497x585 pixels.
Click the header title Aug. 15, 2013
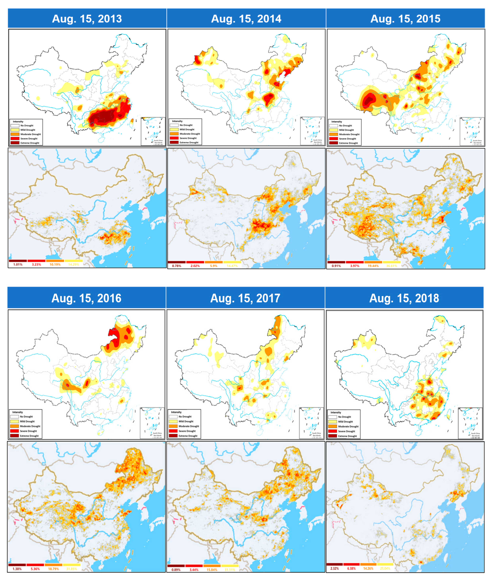(x=87, y=19)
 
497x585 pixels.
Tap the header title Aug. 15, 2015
(x=405, y=19)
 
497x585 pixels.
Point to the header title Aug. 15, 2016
(x=86, y=298)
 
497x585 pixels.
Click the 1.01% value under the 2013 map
(x=18, y=264)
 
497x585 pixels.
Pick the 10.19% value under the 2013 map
(x=55, y=264)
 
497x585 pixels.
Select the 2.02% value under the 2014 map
(x=195, y=266)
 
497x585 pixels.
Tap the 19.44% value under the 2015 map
(x=373, y=266)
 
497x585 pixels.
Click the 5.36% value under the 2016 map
(x=35, y=569)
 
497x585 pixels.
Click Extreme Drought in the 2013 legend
(x=30, y=143)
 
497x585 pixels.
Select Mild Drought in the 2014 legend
(x=187, y=129)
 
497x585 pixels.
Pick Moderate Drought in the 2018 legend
(x=348, y=426)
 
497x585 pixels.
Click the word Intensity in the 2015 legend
(x=336, y=122)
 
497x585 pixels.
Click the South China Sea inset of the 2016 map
(x=152, y=423)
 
